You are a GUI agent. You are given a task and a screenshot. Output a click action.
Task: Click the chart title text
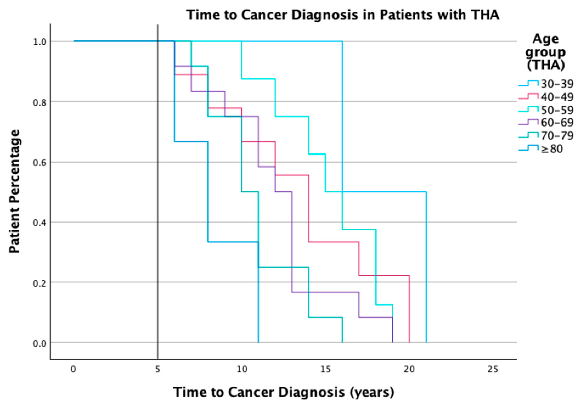coord(343,15)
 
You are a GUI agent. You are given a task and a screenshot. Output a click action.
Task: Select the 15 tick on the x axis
coord(326,369)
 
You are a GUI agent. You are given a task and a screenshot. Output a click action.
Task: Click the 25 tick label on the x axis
coord(493,369)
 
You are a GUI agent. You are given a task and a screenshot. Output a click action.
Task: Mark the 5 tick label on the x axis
coord(157,369)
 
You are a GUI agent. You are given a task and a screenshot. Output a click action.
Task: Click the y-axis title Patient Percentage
coord(14,191)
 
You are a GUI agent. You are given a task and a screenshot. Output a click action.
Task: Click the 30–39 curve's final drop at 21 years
coord(426,266)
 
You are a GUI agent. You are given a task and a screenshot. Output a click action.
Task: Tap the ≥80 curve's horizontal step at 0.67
coord(191,141)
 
